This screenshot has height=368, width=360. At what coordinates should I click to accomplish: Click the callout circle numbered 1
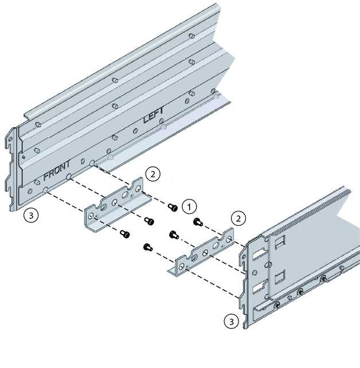point(189,207)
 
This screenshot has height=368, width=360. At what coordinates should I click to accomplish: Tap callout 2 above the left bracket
point(153,174)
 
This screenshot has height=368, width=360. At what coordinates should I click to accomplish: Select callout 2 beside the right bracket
point(238,219)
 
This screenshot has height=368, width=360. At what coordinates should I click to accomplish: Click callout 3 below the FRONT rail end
point(31,215)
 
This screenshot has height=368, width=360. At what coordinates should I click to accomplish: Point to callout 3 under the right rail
point(232,322)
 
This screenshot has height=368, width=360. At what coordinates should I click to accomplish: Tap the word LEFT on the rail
point(154,115)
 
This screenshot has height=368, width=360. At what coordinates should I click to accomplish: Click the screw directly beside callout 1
point(173,208)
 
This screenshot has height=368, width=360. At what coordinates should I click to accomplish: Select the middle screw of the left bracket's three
point(149,221)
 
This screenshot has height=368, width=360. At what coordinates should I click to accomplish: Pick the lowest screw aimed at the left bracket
point(125,234)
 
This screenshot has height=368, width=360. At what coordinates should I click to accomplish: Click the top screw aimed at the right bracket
point(198,222)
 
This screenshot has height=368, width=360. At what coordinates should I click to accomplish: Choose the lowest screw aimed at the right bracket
point(148,247)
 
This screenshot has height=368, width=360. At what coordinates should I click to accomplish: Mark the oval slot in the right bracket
point(216,246)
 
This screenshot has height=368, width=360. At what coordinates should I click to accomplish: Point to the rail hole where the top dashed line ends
point(92,163)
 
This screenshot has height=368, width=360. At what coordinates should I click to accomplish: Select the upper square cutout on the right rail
point(280,241)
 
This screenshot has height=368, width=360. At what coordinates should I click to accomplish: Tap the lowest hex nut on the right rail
point(277,306)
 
